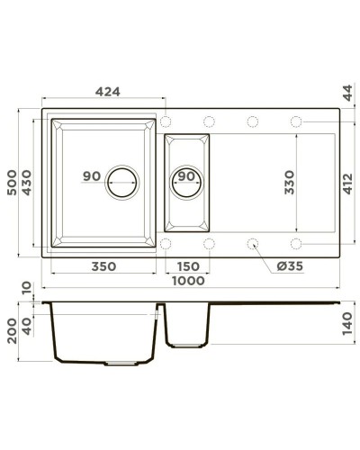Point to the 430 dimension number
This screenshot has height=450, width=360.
click(29, 184)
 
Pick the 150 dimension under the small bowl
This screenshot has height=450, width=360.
click(186, 266)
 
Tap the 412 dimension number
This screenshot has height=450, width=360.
click(347, 184)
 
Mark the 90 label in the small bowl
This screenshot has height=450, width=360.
click(186, 176)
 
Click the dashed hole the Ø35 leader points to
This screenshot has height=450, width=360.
click(252, 243)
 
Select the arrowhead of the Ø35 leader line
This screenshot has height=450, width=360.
click(256, 247)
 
